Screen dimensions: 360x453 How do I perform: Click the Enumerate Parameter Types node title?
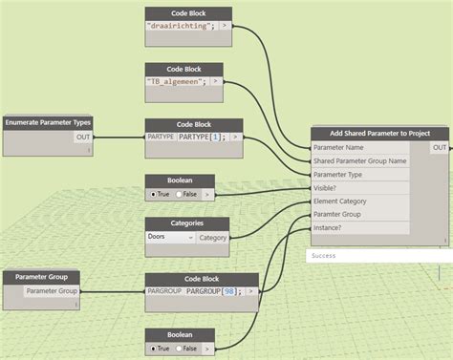point(49,123)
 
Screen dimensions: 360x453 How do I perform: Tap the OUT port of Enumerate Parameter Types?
point(83,138)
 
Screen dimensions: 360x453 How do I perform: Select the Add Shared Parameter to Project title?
point(379,133)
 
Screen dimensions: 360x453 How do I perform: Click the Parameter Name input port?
point(338,148)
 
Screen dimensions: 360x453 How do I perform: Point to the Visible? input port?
point(329,188)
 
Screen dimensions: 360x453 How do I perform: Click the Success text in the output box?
point(324,256)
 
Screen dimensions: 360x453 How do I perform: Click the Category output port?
point(213,237)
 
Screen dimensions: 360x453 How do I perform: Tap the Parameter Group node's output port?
point(52,290)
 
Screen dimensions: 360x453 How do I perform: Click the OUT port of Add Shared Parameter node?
point(439,148)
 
